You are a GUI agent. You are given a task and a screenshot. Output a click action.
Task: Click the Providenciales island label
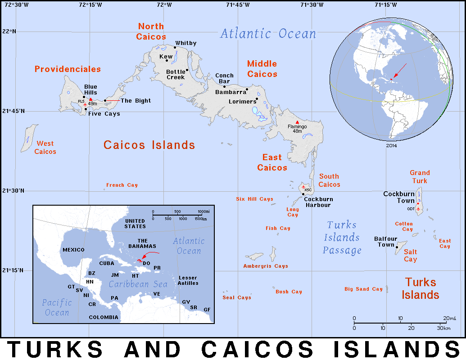coord(68,69)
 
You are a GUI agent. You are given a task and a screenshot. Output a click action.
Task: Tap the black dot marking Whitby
coord(175,47)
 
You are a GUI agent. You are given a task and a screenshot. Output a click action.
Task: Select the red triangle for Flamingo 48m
coord(297,122)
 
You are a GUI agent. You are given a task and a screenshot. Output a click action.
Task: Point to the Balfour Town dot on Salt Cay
coord(396,247)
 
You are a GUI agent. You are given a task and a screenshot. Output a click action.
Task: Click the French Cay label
coord(122,185)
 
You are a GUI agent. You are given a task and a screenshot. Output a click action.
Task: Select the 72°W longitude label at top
coord(164,5)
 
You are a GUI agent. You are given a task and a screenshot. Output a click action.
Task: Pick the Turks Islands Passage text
coord(342,238)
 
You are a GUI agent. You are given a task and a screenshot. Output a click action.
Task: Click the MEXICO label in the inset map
coord(73,250)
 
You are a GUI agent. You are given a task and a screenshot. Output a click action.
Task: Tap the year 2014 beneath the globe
coord(391,146)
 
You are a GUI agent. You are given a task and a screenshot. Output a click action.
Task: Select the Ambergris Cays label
coord(266,266)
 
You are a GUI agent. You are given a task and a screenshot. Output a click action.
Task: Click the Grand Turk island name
coord(420,176)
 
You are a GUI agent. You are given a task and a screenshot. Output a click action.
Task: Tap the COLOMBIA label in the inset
coord(104,317)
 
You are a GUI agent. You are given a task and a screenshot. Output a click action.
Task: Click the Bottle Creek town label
coord(176,74)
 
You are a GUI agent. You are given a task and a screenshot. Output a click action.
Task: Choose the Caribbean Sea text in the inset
coord(138,284)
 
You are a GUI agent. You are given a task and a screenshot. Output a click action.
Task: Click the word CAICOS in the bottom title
coord(257,349)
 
